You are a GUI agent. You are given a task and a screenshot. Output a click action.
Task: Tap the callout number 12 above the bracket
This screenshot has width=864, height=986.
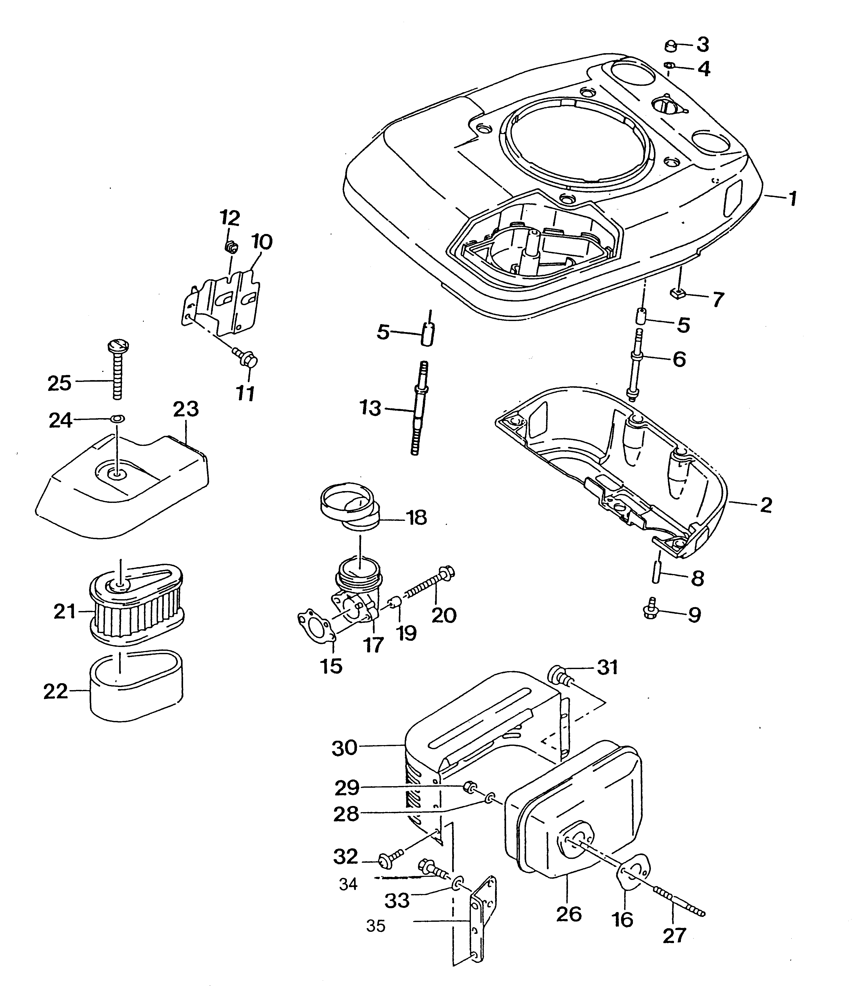[x=230, y=219]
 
